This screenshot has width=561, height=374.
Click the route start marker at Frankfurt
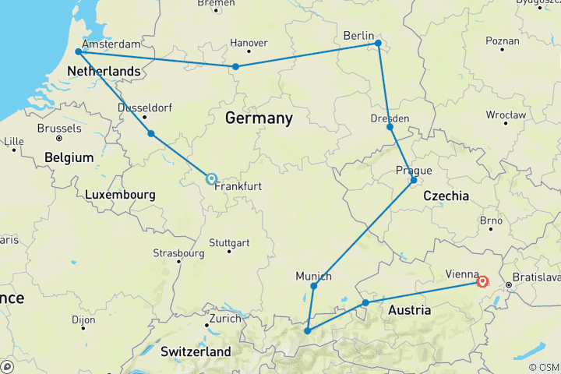pos(211,178)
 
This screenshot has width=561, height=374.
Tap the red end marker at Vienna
pos(483,282)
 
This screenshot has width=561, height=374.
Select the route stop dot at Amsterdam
pos(78,52)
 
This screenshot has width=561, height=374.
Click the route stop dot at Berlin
pos(378,44)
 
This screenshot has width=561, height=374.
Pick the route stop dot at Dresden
pos(390,126)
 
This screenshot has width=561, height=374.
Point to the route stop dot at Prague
pos(414,181)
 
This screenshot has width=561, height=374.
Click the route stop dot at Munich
pos(313,286)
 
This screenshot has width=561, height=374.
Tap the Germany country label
pos(259,118)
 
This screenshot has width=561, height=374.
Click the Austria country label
pos(409,310)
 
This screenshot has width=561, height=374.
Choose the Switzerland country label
pos(196,351)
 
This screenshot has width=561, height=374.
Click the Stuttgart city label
pos(229,242)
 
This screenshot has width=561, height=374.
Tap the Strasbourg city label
pos(178,253)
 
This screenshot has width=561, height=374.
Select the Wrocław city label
pos(504,114)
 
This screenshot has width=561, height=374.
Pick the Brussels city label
pos(59,128)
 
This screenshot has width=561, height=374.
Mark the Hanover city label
pos(250,43)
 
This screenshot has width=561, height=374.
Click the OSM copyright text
pos(542,367)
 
